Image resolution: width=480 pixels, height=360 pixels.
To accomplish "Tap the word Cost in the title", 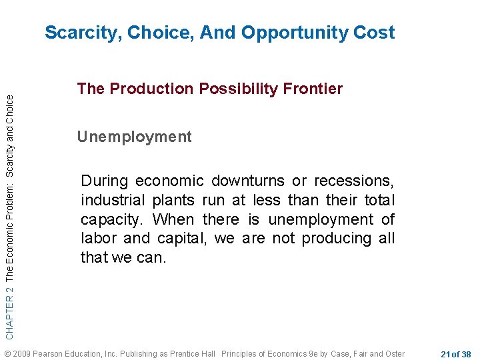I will click(373, 33).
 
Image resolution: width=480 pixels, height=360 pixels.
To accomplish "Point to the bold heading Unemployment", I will click(134, 137).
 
